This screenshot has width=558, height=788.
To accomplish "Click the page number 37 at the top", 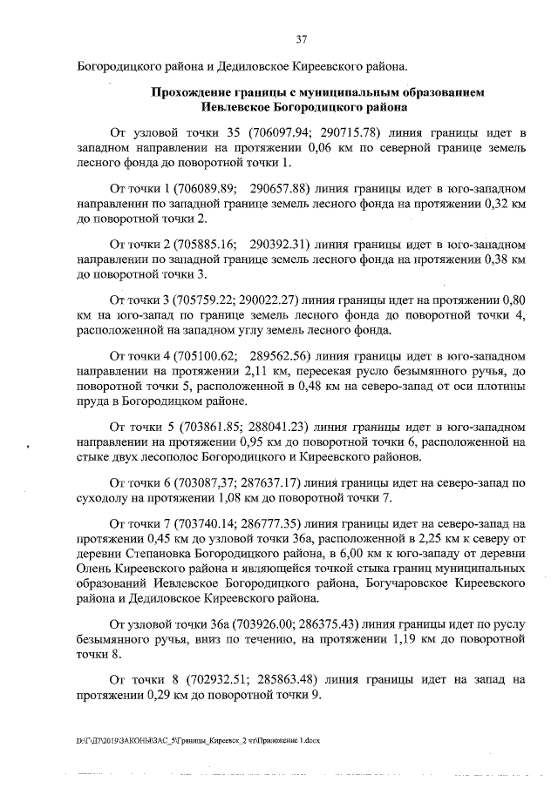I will pos(302,39).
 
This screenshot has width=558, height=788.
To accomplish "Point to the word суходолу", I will pos(103,497).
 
